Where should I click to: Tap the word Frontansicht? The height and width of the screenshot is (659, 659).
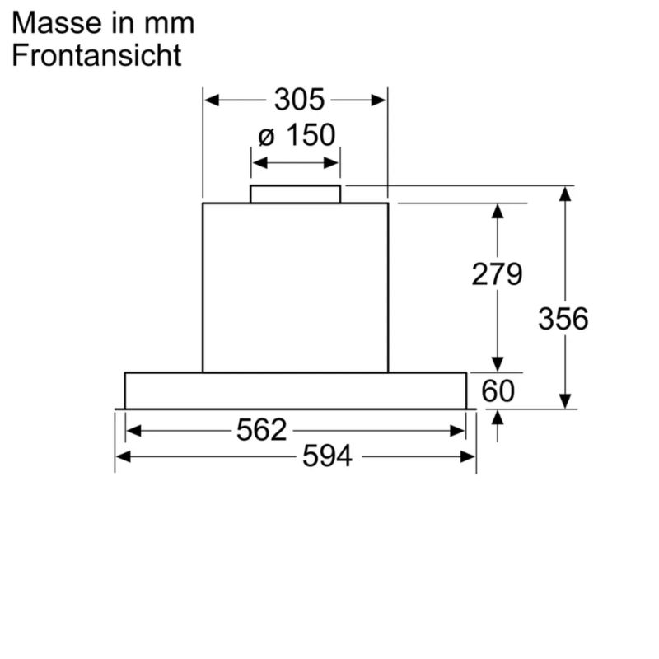[x=96, y=55]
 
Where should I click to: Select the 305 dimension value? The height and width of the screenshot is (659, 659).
[x=299, y=100]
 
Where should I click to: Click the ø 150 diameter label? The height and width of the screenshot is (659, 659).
[x=297, y=135]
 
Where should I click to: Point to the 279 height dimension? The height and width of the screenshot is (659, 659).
[x=497, y=274]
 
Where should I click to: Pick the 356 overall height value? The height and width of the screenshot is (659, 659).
[x=563, y=319]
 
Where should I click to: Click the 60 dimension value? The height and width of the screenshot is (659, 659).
[x=498, y=390]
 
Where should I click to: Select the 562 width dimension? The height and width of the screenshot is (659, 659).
[x=261, y=430]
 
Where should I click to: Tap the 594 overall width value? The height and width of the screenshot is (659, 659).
[x=327, y=456]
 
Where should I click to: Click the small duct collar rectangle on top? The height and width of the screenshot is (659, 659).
[x=296, y=194]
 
